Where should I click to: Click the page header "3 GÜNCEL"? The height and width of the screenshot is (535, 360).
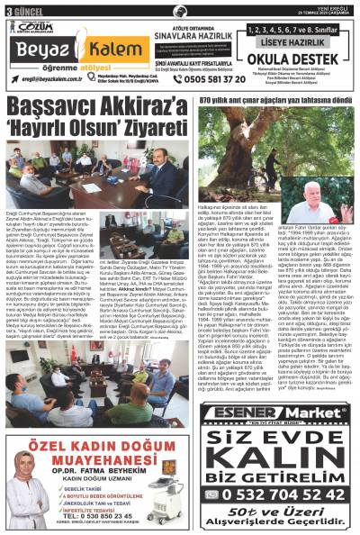coord(20,8)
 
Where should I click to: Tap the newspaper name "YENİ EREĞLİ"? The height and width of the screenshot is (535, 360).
coord(337,5)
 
